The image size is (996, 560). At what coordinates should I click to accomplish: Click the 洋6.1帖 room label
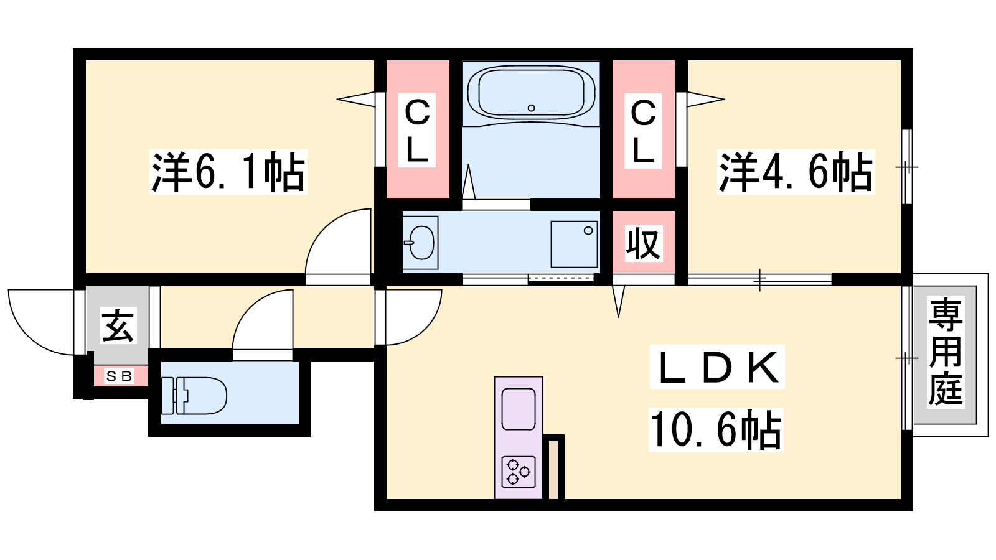[228, 172]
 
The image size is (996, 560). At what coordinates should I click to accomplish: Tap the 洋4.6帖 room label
[796, 172]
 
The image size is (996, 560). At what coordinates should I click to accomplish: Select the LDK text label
[716, 366]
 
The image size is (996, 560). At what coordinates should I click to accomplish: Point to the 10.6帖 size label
[716, 430]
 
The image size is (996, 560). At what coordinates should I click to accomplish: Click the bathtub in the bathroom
[532, 93]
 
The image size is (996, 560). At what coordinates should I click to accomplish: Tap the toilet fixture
[194, 396]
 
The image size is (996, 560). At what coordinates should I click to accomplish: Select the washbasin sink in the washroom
[421, 243]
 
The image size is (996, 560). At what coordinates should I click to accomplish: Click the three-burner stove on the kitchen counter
[519, 472]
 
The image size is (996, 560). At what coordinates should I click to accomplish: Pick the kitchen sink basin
[519, 409]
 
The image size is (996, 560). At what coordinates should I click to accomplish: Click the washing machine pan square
[574, 244]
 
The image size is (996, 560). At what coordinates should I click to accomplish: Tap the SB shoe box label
[120, 376]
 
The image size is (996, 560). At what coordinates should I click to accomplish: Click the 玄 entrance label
[118, 325]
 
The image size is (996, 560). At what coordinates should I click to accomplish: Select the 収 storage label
[644, 243]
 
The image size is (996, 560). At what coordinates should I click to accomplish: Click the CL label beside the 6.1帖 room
[417, 130]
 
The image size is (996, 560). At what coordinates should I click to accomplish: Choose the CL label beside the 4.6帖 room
[643, 131]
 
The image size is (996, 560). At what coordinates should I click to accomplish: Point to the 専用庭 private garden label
[946, 352]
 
